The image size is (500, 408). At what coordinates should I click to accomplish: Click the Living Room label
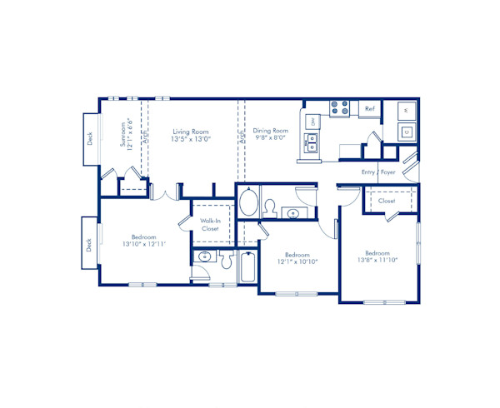[x=190, y=131]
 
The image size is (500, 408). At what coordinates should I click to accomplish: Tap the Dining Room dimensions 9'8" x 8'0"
[x=270, y=139]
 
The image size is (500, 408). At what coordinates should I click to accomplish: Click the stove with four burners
[x=340, y=108]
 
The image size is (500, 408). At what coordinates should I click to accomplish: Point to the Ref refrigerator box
[x=369, y=109]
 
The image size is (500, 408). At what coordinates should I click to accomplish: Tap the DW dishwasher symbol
[x=312, y=122]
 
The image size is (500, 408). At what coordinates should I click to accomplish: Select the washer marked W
[x=405, y=110]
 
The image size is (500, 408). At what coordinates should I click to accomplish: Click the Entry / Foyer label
[x=377, y=172]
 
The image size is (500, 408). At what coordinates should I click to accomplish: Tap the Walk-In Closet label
[x=210, y=224]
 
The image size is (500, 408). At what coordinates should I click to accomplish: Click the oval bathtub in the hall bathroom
[x=248, y=203]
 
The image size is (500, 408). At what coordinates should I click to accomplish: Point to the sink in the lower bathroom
[x=205, y=257]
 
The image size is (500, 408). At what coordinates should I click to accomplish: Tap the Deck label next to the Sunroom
[x=90, y=140]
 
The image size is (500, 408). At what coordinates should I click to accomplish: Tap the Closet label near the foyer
[x=387, y=202]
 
